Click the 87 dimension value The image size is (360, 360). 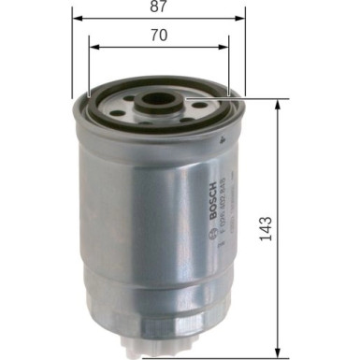point(158,7)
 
